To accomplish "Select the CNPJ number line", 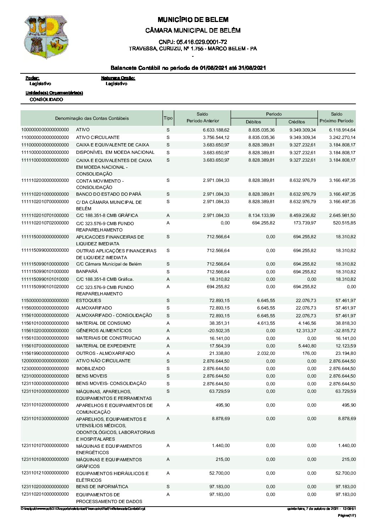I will point(193,42).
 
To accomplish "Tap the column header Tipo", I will point(168,118).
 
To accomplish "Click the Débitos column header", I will point(253,122).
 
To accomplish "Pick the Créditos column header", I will point(297,122).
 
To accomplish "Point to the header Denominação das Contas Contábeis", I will point(92,118).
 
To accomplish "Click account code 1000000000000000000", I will point(45,130).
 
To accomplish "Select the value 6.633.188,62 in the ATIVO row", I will point(216,130).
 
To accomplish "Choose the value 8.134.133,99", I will point(261,216).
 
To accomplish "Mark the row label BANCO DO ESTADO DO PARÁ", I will point(108,194).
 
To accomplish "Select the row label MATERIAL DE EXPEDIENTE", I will point(106,346).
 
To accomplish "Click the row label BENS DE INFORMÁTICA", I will point(102,487).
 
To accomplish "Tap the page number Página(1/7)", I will point(347,515).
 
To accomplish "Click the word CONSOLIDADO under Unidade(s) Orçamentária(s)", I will point(46,100).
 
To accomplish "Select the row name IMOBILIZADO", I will point(90,369).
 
